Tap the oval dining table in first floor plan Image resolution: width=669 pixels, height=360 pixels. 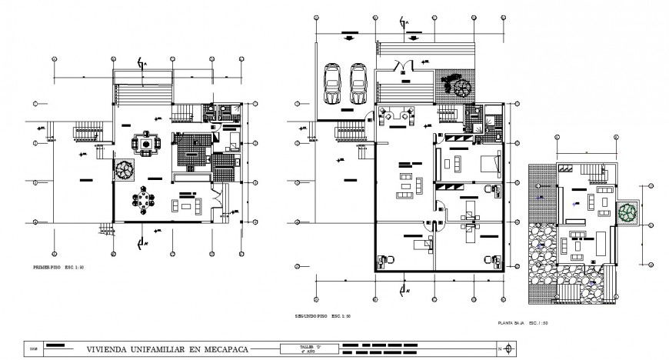(x=143, y=202)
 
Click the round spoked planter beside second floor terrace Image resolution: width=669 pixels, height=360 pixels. (x=462, y=87)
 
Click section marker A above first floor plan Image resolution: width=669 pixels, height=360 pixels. (x=139, y=63)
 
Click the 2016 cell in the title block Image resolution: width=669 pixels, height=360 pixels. (x=33, y=348)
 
